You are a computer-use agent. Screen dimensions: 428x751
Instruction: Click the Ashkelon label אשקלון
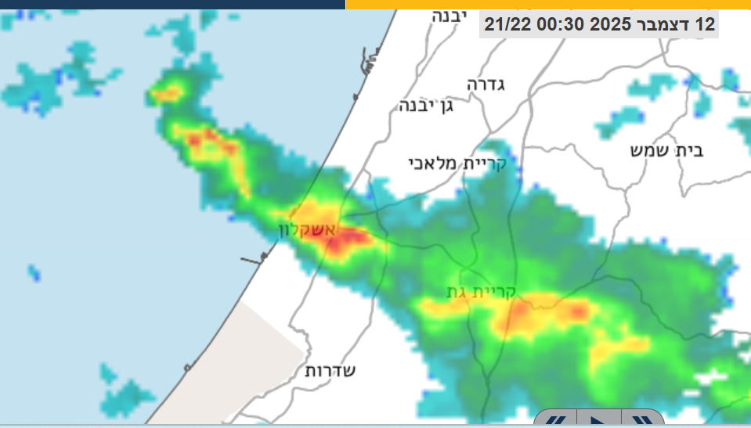point(307,230)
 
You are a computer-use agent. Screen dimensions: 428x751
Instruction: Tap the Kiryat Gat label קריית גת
point(481,293)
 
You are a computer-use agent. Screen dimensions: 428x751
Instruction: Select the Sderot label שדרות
point(330,371)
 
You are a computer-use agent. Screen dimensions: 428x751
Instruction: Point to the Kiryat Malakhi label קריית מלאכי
point(457,163)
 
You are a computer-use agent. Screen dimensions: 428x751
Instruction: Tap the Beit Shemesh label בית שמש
point(666,150)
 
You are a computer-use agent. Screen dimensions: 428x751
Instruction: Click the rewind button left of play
point(555,420)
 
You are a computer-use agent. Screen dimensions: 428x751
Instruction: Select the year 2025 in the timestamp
point(611,24)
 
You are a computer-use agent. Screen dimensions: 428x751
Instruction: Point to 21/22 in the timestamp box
point(508,24)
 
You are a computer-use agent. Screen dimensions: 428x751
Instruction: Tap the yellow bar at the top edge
point(548,4)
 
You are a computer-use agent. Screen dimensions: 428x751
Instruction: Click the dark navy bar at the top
point(172,4)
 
